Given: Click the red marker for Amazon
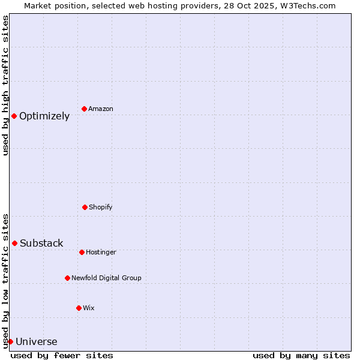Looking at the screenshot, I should click(x=84, y=109).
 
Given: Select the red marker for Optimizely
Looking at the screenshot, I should click(x=14, y=116).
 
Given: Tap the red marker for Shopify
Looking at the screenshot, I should click(x=85, y=207).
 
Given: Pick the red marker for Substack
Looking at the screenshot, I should click(x=14, y=243).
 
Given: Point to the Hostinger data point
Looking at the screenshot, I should click(x=82, y=252).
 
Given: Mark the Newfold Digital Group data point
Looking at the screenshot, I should click(x=67, y=278).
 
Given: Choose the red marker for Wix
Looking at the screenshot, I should click(x=79, y=308).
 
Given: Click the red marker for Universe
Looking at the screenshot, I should click(x=10, y=341).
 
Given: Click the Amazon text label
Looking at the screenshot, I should click(x=101, y=109).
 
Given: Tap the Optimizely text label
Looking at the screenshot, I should click(x=44, y=116).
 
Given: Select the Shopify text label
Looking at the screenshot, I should click(x=101, y=207).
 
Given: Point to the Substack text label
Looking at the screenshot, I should click(x=41, y=243).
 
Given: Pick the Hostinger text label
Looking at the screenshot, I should click(x=101, y=252).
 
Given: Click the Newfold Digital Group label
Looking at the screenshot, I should click(x=107, y=278).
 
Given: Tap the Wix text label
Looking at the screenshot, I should click(x=89, y=308).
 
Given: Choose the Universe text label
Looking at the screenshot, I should click(x=37, y=341).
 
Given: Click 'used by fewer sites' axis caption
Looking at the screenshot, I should click(x=62, y=355).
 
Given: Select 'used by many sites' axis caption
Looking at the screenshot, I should click(x=301, y=355).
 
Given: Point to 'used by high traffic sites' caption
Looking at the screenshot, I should click(x=6, y=85).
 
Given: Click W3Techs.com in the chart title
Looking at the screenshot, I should click(x=307, y=5).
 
